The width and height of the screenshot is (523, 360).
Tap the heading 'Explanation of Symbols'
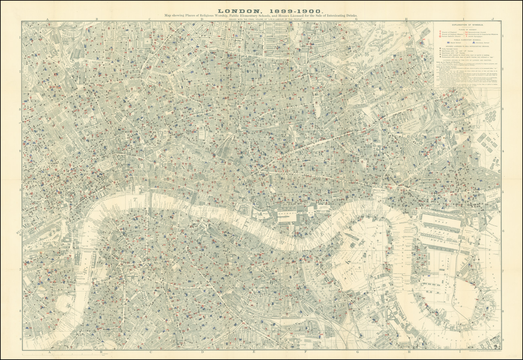click(468, 25)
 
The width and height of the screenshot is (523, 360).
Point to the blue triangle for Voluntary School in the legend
click(474, 43)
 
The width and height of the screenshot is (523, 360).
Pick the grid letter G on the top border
click(357, 19)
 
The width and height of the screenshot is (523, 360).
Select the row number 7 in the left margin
click(20, 270)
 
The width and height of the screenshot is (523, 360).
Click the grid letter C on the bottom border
click(151, 352)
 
